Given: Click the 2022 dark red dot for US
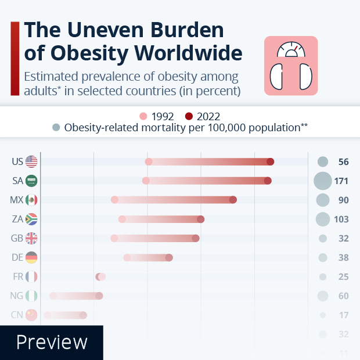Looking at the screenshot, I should [270, 161].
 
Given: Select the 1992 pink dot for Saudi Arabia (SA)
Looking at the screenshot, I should [146, 181].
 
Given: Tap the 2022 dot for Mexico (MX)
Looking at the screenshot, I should [233, 200].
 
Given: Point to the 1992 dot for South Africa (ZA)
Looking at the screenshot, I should [122, 219].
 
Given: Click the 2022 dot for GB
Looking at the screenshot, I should [196, 238].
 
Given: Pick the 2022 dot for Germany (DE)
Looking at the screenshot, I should [169, 257].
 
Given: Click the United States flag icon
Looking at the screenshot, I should [31, 161].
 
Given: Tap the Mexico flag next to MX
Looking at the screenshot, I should [31, 200].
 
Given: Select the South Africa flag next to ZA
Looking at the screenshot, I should [31, 219].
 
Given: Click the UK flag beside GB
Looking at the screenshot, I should [31, 238].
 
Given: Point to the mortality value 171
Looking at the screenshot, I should [341, 181].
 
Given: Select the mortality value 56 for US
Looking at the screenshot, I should [343, 162].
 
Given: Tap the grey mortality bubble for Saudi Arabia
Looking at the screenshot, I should [322, 181].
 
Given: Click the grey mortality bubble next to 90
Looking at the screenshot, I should [323, 200].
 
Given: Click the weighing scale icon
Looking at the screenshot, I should [291, 66].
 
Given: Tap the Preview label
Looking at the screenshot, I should [52, 342].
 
